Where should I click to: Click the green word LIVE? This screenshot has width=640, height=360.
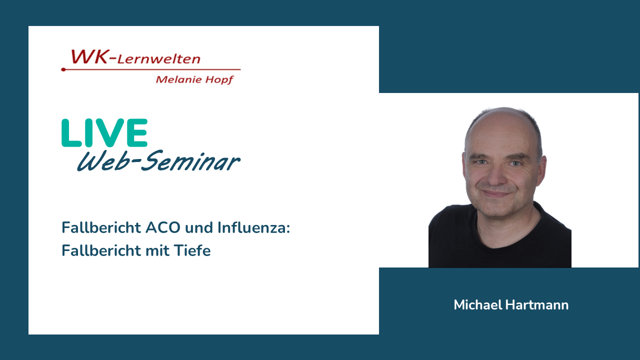[x=104, y=133]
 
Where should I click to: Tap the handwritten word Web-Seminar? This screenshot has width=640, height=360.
[x=158, y=161]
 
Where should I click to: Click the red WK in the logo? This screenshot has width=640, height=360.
[x=89, y=56]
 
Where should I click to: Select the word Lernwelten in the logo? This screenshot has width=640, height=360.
[x=159, y=59]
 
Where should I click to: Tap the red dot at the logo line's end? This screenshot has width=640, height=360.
[x=63, y=69]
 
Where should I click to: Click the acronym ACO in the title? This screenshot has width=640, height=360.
[x=163, y=227]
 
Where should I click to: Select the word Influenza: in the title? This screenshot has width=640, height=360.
[x=253, y=227]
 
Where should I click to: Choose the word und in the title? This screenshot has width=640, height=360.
[x=199, y=228]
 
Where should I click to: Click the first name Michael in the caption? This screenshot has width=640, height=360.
[x=478, y=305]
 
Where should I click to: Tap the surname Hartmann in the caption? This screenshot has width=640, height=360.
[x=537, y=305]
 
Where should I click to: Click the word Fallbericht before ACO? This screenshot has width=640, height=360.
[x=101, y=227]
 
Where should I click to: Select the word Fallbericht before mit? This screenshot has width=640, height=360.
[x=101, y=250]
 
